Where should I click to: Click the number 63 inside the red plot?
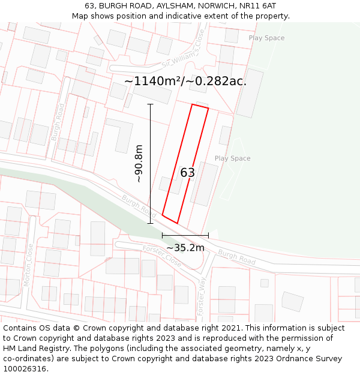pos(187,173)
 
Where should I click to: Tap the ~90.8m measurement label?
pos(139,163)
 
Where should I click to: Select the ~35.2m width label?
pos(185,248)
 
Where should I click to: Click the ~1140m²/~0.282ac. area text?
pos(185,81)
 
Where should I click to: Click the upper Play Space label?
pos(266,38)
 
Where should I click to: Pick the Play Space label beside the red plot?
pos(232,158)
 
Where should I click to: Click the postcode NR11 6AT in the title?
pos(256,5)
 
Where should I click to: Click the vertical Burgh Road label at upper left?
pos(58,122)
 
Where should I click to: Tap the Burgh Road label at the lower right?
pos(236,257)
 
